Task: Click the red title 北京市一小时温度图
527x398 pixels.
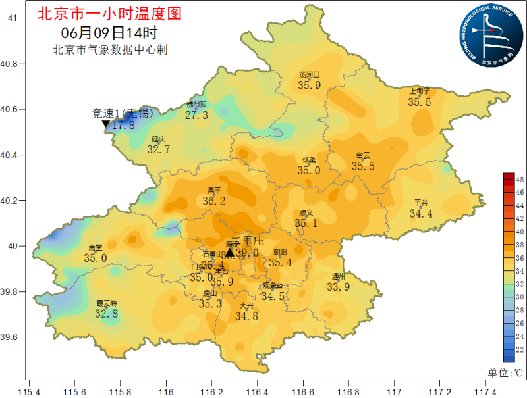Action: click(109, 13)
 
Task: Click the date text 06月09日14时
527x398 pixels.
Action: click(109, 32)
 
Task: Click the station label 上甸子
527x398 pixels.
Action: click(419, 91)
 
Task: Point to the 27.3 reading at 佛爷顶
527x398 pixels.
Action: click(196, 115)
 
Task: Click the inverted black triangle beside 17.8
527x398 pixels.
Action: click(105, 124)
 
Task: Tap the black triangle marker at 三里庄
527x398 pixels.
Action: click(229, 253)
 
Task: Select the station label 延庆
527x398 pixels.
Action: click(158, 139)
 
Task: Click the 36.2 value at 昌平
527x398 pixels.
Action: click(213, 201)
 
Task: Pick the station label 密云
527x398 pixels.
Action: click(363, 156)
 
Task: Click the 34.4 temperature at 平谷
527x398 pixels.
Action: click(421, 213)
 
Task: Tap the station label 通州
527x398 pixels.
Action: click(339, 276)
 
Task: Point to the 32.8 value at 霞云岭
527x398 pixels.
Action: click(106, 314)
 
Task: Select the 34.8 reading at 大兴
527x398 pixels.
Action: click(246, 316)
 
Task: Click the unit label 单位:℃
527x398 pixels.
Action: click(505, 372)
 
